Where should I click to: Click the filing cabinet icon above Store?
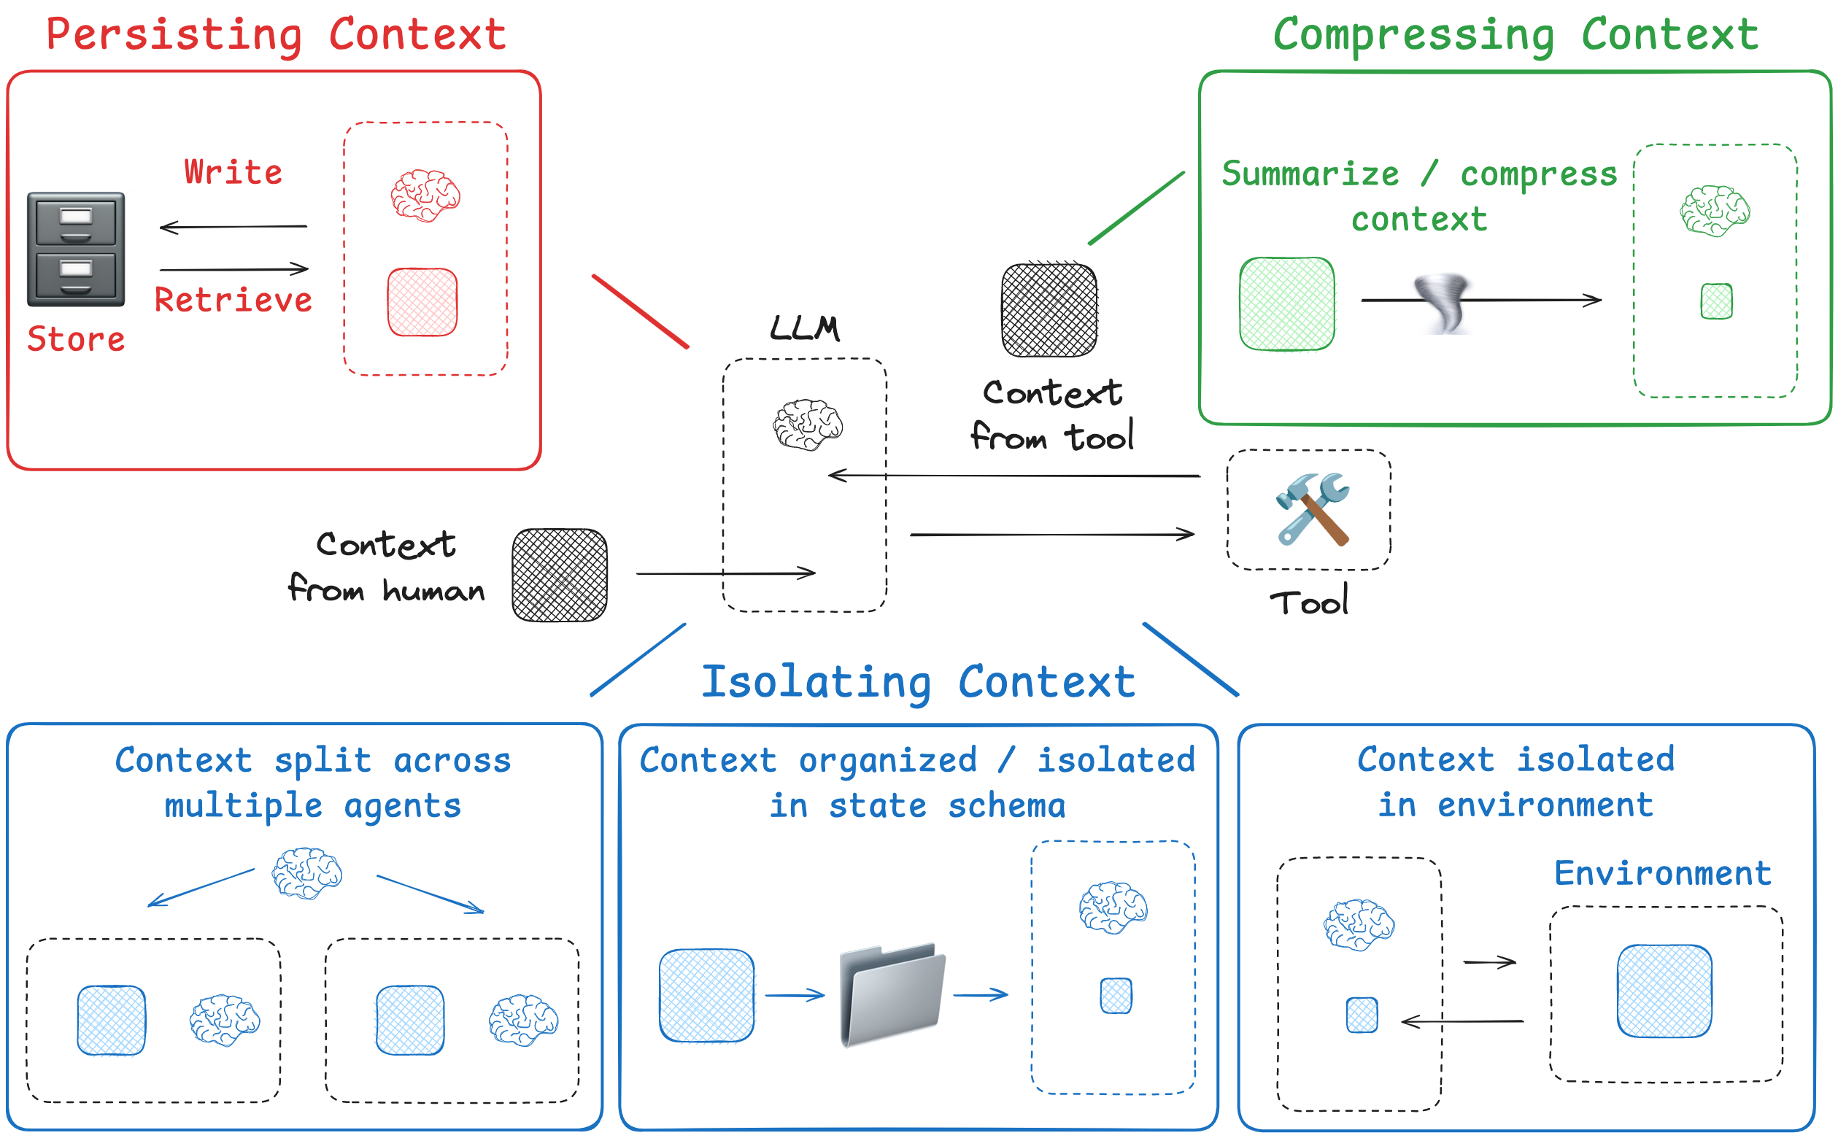click(76, 249)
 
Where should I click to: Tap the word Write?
click(233, 172)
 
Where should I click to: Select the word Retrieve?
click(233, 300)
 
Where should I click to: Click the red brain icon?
click(425, 196)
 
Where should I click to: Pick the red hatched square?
click(422, 302)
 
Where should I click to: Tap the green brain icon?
click(1715, 211)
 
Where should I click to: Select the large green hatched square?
click(1287, 304)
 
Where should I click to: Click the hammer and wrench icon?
click(1313, 508)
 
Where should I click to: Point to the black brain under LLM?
click(808, 425)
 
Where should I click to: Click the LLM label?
click(805, 328)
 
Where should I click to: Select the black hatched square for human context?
click(559, 575)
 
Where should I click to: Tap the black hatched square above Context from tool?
click(1049, 309)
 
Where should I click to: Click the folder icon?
click(892, 994)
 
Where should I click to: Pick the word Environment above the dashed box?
click(1663, 873)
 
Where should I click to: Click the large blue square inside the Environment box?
click(1664, 991)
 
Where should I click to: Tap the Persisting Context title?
click(277, 34)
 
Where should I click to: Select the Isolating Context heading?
click(918, 682)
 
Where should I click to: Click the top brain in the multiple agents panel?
click(307, 873)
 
